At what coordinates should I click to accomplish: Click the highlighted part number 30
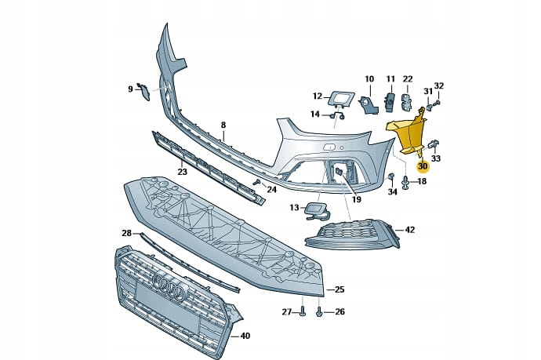(x=423, y=165)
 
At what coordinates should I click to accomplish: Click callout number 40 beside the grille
(x=246, y=336)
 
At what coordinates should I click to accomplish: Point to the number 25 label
(x=339, y=289)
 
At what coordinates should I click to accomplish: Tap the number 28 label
(x=126, y=233)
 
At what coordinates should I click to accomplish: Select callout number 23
(x=182, y=171)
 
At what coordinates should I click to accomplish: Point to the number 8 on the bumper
(x=223, y=125)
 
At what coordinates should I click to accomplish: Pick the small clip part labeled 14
(x=339, y=117)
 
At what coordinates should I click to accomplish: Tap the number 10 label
(x=369, y=79)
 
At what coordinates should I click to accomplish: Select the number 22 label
(x=408, y=79)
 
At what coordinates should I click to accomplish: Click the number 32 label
(x=439, y=85)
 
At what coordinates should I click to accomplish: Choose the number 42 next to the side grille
(x=409, y=230)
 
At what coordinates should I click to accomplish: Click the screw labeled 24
(x=256, y=182)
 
